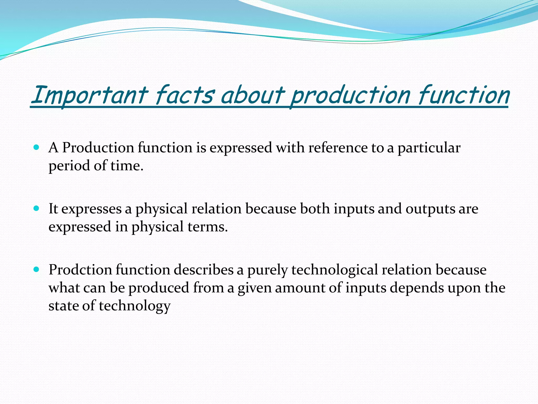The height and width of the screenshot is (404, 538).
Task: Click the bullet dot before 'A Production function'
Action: coord(37,147)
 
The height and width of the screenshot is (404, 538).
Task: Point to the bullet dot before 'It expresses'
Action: coord(37,209)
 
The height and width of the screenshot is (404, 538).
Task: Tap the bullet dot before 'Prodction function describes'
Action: coord(37,270)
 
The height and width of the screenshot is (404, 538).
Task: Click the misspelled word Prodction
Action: coord(80,270)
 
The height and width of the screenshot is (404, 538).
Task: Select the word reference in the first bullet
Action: coord(338,148)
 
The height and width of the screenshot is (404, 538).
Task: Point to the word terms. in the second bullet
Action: coord(208,227)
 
